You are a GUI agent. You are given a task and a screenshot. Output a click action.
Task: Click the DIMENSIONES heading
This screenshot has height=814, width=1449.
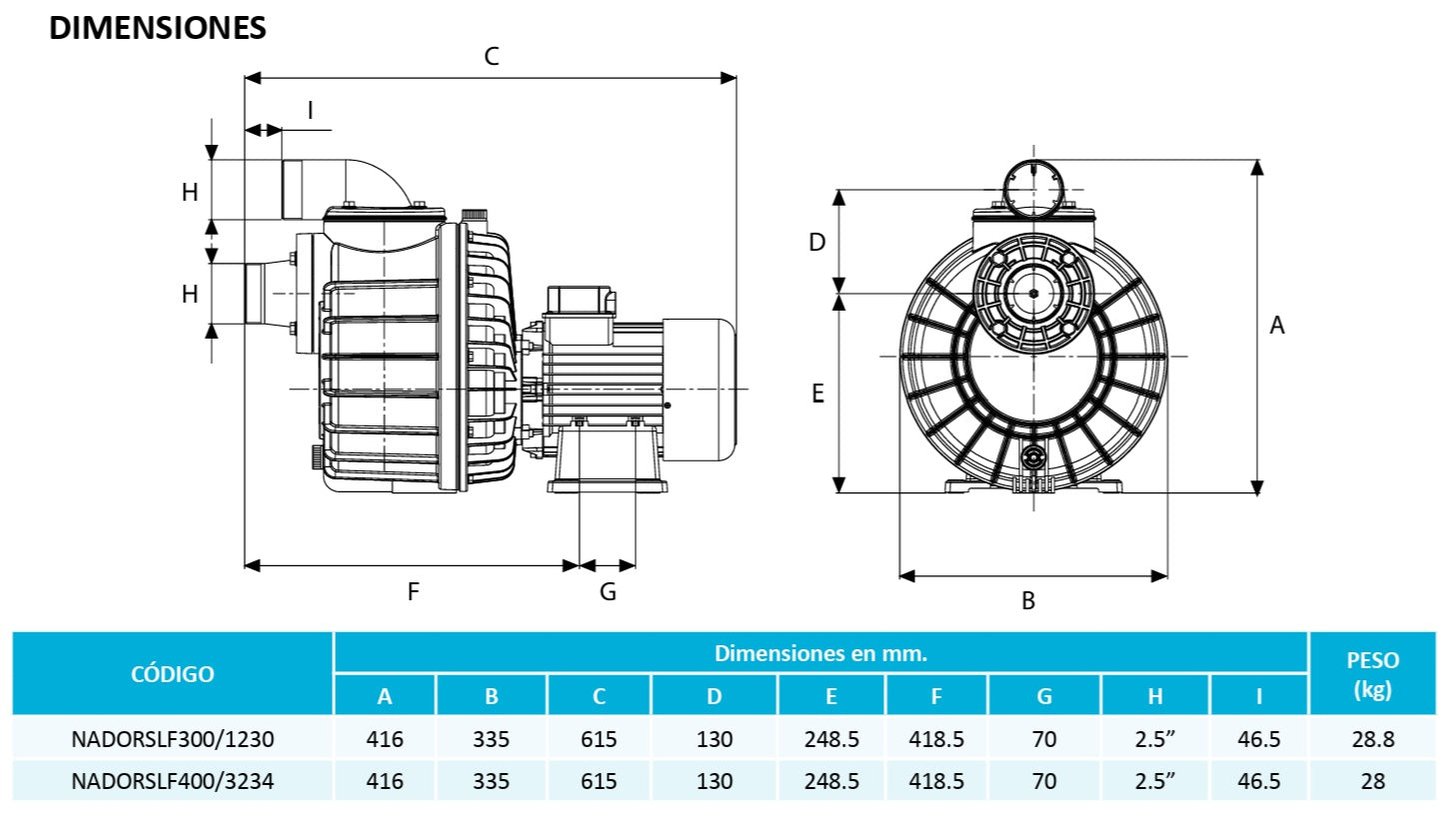[x=158, y=28]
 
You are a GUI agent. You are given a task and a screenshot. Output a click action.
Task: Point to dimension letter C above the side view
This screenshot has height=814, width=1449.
[x=491, y=56]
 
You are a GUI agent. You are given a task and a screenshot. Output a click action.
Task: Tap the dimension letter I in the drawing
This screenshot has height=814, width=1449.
[x=310, y=110]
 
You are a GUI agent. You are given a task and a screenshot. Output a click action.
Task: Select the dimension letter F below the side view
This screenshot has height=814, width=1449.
[x=413, y=591]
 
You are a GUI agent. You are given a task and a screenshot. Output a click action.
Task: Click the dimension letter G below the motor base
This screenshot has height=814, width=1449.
[x=608, y=591]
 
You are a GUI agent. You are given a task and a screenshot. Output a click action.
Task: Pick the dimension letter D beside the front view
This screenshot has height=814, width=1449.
[x=816, y=242]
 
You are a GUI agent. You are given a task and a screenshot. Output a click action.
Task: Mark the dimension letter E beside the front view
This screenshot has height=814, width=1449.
[x=816, y=395]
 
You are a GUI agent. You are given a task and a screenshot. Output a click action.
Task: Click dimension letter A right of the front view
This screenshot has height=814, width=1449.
[x=1276, y=325]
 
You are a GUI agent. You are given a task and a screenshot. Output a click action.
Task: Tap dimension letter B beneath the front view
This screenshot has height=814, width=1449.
[x=1027, y=601]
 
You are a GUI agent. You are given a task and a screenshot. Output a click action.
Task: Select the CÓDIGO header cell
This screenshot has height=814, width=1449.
[x=172, y=673]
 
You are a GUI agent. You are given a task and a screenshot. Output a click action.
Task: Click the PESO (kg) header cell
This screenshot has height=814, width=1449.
[x=1373, y=674]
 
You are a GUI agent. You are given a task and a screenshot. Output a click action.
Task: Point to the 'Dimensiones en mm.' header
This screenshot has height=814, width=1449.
[x=820, y=653]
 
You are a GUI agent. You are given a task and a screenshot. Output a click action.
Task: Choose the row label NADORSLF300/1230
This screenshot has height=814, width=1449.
[x=172, y=740]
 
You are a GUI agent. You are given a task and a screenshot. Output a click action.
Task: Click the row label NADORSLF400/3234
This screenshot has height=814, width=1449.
[x=172, y=781]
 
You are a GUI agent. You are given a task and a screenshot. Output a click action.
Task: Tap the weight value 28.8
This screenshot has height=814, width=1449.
[x=1373, y=740]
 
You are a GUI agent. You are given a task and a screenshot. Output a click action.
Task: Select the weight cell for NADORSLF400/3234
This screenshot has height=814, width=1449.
[x=1373, y=781]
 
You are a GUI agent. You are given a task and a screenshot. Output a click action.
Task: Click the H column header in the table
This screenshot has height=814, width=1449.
[x=1154, y=696]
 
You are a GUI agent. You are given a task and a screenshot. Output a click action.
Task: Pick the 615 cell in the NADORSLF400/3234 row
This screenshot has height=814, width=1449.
[x=599, y=781]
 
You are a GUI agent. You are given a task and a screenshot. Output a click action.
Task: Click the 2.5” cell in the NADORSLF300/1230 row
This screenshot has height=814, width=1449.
[x=1154, y=740]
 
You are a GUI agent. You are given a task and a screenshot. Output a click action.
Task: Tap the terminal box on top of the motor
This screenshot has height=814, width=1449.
[x=577, y=300]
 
